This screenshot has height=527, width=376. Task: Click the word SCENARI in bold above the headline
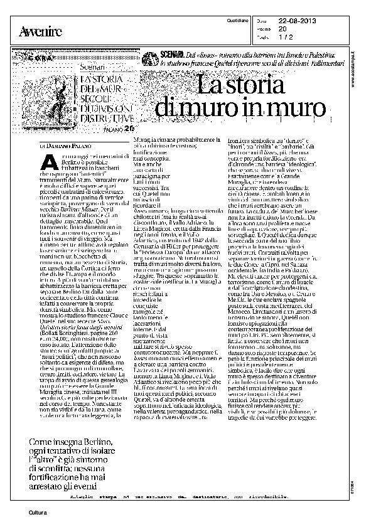click(170, 56)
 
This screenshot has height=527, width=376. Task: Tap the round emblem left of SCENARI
click(149, 60)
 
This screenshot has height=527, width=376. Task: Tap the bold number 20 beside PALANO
click(129, 130)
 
